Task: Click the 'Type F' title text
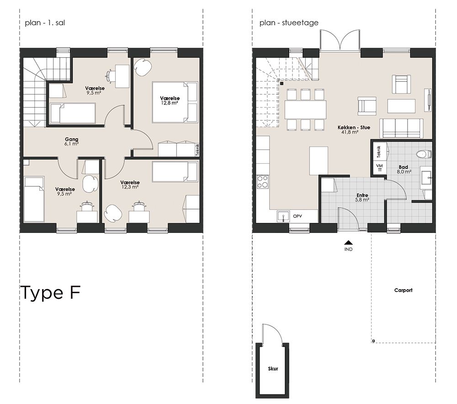click(50, 293)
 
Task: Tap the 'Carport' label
click(403, 290)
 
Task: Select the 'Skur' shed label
click(273, 369)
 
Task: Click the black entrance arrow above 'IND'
click(348, 242)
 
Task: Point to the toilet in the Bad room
click(424, 154)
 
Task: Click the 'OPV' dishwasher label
click(298, 216)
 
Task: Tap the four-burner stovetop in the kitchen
click(262, 182)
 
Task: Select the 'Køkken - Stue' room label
click(354, 128)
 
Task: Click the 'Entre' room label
click(362, 195)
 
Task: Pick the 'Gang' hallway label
click(71, 140)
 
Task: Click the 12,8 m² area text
click(170, 102)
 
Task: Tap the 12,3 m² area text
click(130, 187)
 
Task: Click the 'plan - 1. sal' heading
click(45, 23)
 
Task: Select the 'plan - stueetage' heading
click(289, 23)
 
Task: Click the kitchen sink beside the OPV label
click(283, 216)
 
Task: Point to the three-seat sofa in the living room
click(401, 128)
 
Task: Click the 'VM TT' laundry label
click(379, 167)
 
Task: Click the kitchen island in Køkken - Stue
click(318, 161)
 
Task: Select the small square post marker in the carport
click(373, 341)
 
